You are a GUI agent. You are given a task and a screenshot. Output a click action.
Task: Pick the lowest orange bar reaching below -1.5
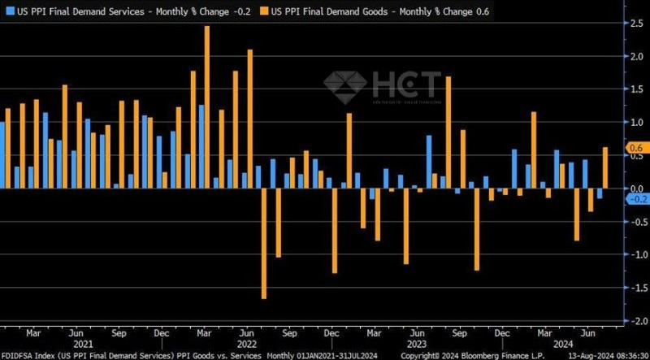(x=264, y=244)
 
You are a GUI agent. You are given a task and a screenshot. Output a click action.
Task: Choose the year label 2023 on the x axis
(x=416, y=345)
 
